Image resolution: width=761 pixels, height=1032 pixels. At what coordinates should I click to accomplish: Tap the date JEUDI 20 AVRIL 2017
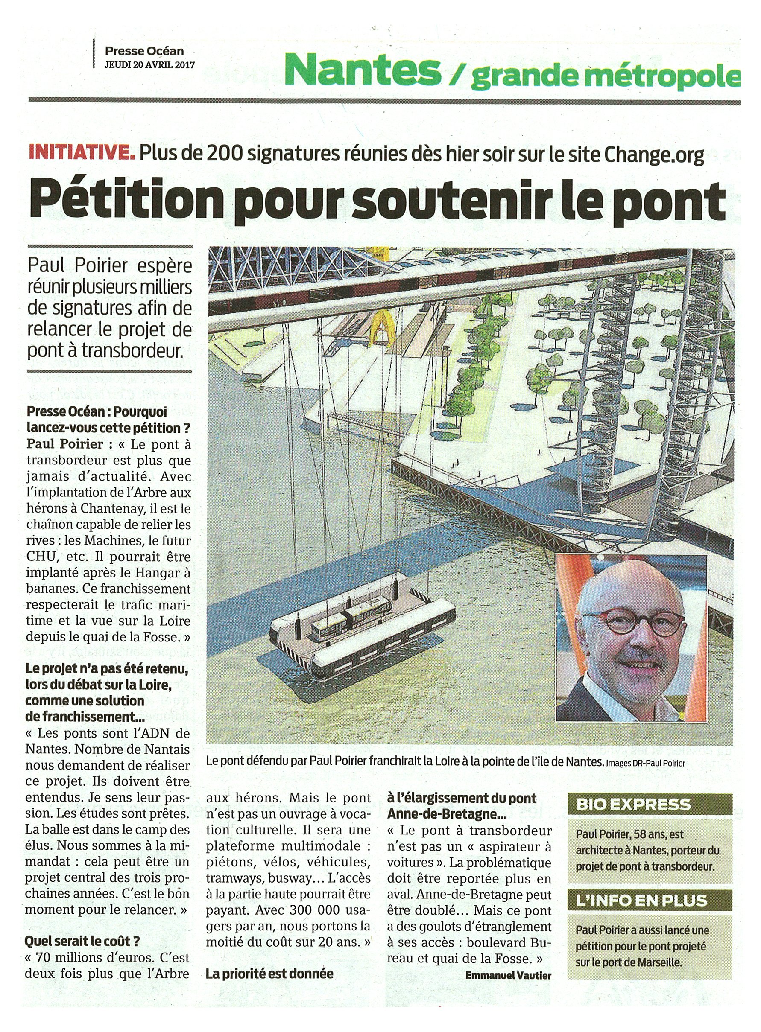pos(150,64)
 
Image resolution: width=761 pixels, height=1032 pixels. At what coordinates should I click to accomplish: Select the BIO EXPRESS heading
pos(633,804)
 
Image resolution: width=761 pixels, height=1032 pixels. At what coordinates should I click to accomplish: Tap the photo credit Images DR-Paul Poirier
pos(645,763)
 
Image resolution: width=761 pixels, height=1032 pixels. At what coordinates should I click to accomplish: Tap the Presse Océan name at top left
pos(144,51)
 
